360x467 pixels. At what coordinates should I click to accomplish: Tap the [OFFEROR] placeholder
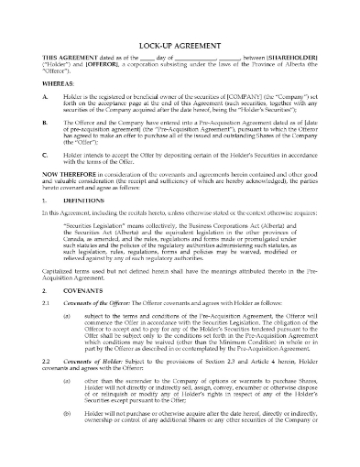point(115,67)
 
